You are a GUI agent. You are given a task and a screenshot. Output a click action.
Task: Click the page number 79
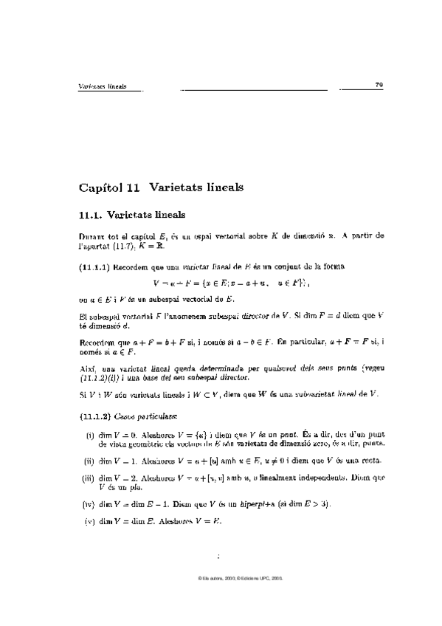[x=379, y=86]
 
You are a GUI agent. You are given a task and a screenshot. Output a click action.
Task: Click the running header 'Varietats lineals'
[x=103, y=86]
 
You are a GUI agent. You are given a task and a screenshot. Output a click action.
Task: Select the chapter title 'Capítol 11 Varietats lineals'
[x=161, y=188]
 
